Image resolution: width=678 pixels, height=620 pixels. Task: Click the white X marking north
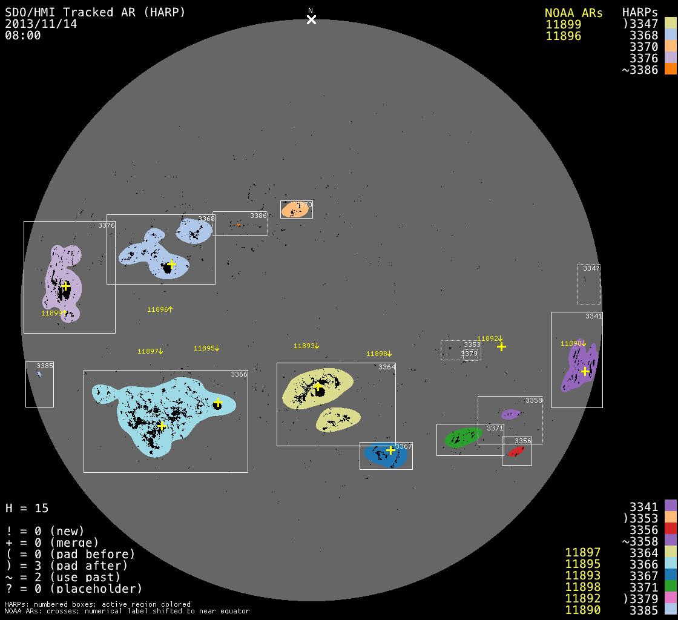[x=311, y=19]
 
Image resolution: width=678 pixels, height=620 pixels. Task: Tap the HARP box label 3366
[x=239, y=375]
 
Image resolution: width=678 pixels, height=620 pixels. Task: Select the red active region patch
[x=516, y=452]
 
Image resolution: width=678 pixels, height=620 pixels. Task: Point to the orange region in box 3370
[x=295, y=209]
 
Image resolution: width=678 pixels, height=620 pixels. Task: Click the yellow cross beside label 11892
[x=501, y=346]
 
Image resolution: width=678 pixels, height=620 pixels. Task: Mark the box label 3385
[x=45, y=366]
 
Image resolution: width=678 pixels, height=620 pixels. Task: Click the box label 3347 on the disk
[x=591, y=268]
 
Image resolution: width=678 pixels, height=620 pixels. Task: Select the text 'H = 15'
[x=27, y=508]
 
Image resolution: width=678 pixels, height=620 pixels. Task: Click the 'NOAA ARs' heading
[x=574, y=13]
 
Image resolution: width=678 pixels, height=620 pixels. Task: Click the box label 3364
[x=387, y=367]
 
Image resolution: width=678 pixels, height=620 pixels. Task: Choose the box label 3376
[x=107, y=226]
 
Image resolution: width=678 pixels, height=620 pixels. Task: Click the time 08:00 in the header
[x=22, y=35]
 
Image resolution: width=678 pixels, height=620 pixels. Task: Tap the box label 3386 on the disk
[x=258, y=216]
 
